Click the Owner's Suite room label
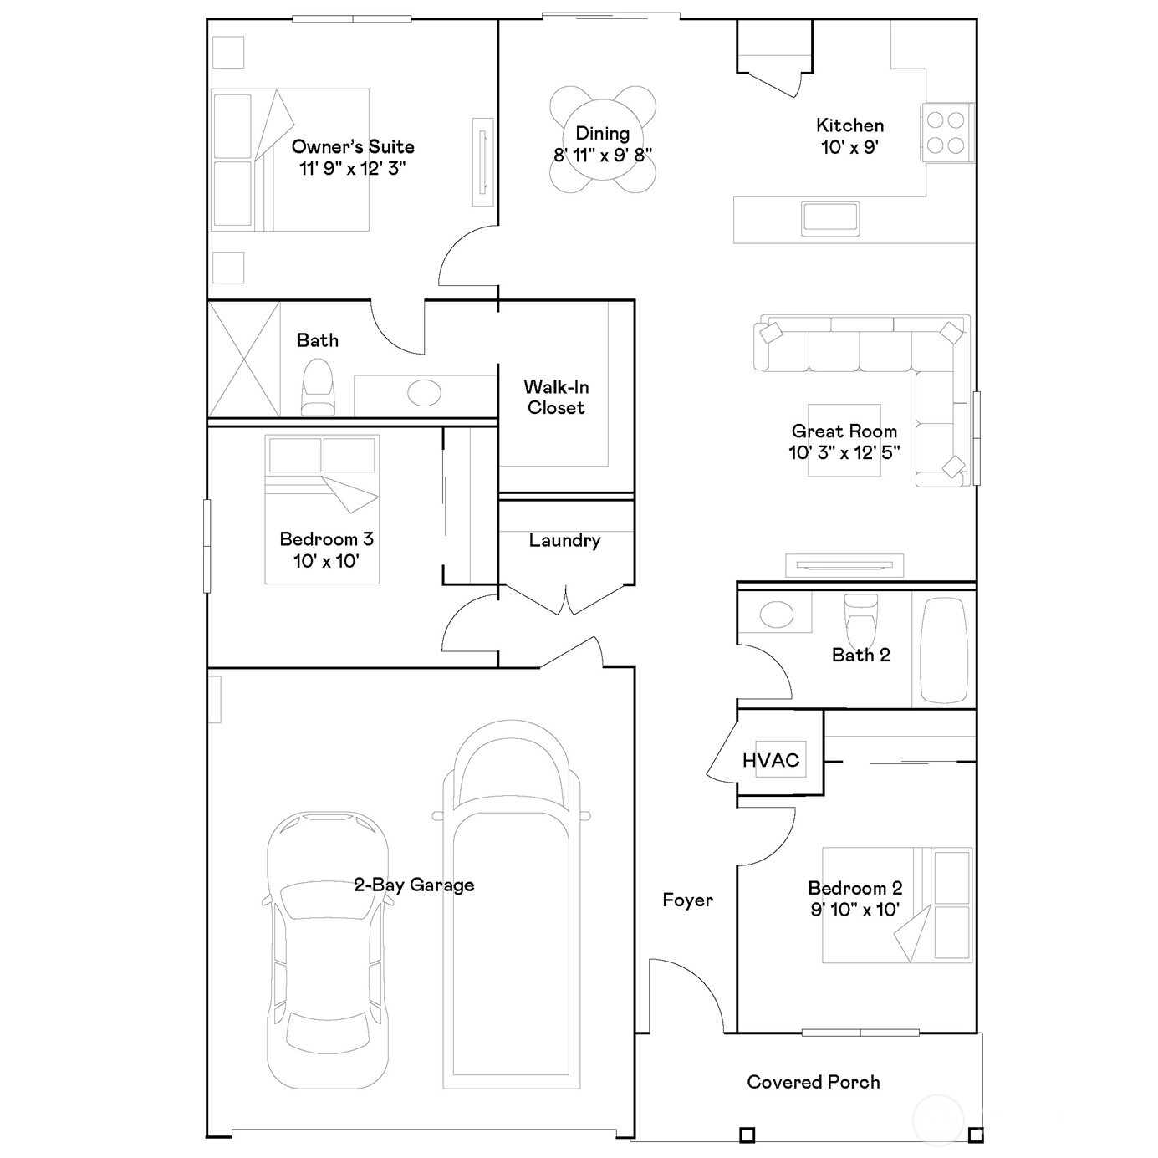pos(353,146)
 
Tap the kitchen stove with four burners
pos(946,133)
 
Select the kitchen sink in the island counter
pos(830,219)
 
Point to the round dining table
pos(603,140)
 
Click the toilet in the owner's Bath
pos(317,386)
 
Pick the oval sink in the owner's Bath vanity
pos(424,393)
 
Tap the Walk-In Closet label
pos(556,397)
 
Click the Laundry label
pos(565,540)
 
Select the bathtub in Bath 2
pos(944,650)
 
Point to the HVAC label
pos(771,760)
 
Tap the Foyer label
pos(687,900)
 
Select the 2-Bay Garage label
pos(414,885)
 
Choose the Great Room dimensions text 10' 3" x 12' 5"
pos(844,451)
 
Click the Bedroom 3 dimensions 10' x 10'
pos(326,561)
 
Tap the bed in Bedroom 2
pos(897,905)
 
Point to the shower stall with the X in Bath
pos(244,359)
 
